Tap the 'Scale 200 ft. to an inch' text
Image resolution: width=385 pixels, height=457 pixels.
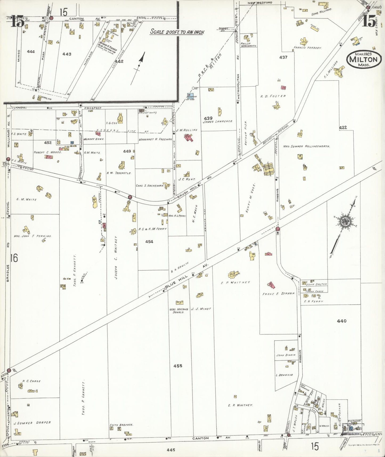pyautogui.click(x=177, y=31)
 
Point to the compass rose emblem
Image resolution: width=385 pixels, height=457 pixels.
pyautogui.click(x=345, y=222)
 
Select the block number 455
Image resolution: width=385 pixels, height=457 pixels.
pyautogui.click(x=178, y=366)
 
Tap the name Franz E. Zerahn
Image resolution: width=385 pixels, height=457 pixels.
pyautogui.click(x=279, y=294)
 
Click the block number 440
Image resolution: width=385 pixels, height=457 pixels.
pyautogui.click(x=342, y=321)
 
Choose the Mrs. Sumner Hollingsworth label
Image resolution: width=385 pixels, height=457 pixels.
pyautogui.click(x=306, y=146)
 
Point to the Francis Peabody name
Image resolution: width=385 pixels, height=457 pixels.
pyautogui.click(x=307, y=48)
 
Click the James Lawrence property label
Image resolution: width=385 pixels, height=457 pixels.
pyautogui.click(x=218, y=121)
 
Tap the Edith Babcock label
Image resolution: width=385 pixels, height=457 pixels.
pyautogui.click(x=121, y=425)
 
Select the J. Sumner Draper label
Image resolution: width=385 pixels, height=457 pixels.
pyautogui.click(x=32, y=422)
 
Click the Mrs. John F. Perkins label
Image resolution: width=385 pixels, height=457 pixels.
pyautogui.click(x=33, y=236)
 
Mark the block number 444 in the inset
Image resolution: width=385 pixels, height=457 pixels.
pyautogui.click(x=31, y=52)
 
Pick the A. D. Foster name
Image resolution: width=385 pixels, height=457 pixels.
pyautogui.click(x=273, y=96)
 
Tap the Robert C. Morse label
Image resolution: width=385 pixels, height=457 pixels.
pyautogui.click(x=48, y=152)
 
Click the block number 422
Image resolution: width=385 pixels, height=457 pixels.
pyautogui.click(x=343, y=128)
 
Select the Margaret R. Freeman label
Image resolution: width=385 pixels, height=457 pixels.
pyautogui.click(x=155, y=139)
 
